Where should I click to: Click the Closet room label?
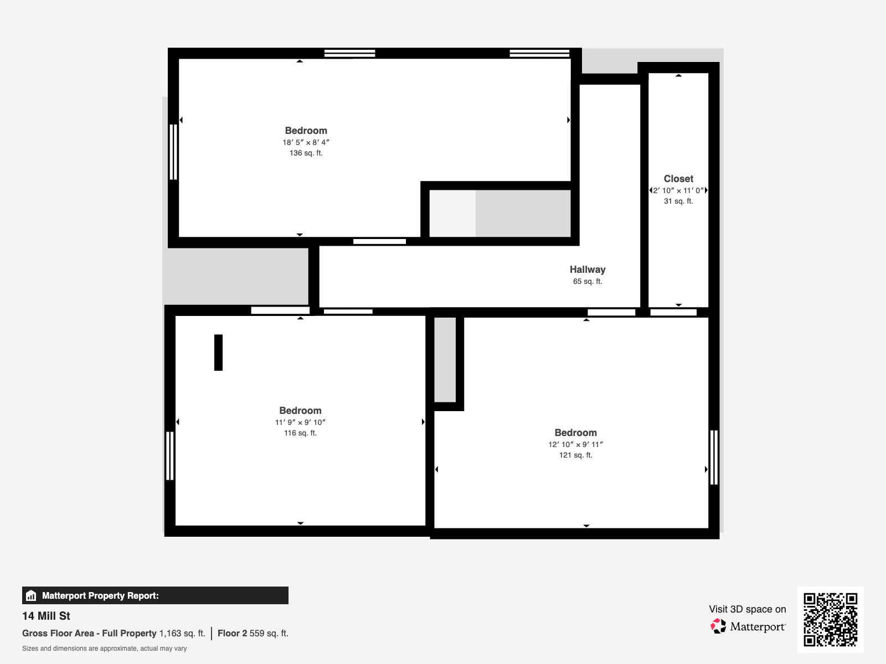click(678, 179)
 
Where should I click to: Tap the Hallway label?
click(588, 269)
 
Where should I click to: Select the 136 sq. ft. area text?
click(306, 153)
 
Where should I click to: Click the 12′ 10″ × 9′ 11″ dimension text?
click(575, 444)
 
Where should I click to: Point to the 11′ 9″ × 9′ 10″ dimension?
click(300, 422)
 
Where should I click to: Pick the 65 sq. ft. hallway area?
click(588, 282)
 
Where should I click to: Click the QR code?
click(830, 619)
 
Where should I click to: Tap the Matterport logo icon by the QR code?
click(718, 626)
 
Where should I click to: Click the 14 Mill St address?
click(46, 616)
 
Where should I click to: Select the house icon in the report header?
click(31, 595)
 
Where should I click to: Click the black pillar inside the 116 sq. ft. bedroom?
click(218, 352)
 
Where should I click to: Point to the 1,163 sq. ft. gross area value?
click(182, 634)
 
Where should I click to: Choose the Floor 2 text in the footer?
click(232, 634)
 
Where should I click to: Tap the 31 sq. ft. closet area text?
click(678, 201)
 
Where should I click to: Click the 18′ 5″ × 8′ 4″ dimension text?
click(306, 142)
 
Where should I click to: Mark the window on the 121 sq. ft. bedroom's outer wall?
click(714, 457)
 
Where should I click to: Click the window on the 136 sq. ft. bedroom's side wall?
click(173, 152)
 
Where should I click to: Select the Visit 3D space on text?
click(747, 609)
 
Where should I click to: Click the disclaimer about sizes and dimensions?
click(104, 649)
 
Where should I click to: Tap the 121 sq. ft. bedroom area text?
click(575, 455)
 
